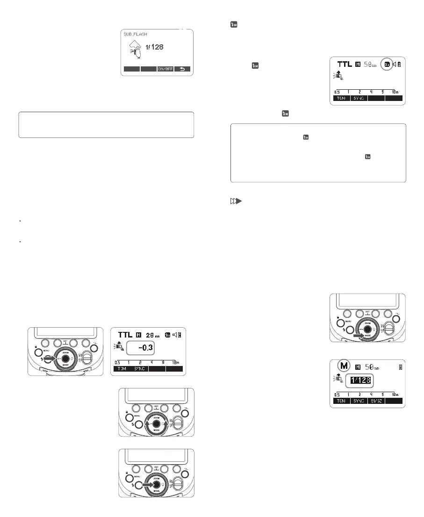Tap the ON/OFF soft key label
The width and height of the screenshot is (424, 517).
(x=165, y=69)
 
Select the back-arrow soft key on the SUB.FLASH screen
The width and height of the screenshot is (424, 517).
(x=182, y=69)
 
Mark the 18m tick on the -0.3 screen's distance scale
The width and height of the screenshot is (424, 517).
(x=177, y=363)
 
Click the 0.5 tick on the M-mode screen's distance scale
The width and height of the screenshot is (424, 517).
(x=337, y=394)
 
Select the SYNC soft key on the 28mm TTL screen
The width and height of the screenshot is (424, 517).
(x=139, y=369)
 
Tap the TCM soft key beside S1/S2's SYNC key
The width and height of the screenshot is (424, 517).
(x=341, y=401)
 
